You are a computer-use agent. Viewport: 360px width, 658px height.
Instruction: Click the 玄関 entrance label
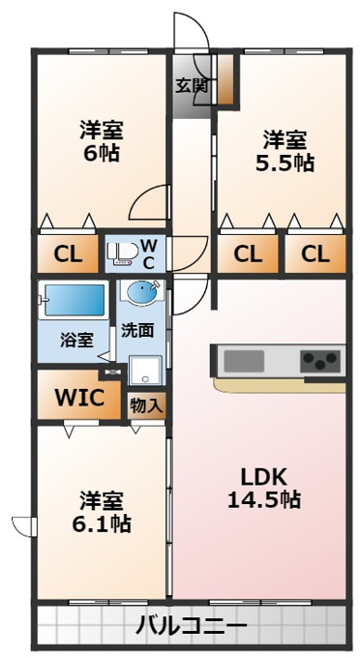point(192,86)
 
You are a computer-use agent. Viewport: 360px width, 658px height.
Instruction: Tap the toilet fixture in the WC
point(122,253)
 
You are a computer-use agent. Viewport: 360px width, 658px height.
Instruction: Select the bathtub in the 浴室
point(73,300)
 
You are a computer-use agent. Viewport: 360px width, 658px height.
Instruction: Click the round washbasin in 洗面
point(142,292)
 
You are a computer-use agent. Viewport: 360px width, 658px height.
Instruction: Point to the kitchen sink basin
point(244,361)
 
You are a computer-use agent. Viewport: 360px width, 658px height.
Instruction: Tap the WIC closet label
point(79,397)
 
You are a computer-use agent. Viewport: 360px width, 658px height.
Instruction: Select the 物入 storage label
point(145,405)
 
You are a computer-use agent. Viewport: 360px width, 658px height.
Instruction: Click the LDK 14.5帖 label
point(263,488)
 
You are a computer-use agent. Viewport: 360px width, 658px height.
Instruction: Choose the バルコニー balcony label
point(192,626)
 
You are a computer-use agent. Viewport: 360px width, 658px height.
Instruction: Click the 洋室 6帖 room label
point(102,141)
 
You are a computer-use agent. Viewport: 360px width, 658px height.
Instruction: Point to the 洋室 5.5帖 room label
point(285,152)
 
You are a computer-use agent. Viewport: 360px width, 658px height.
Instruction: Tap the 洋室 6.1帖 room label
point(102,512)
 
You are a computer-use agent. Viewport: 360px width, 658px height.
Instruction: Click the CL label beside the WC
point(68,254)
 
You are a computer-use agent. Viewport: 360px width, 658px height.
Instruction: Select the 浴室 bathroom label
point(76,341)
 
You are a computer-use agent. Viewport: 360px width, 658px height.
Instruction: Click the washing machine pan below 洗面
point(145,370)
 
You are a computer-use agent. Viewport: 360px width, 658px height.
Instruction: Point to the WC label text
point(149,254)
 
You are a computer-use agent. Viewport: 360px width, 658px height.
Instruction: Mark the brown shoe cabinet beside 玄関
point(225,79)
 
